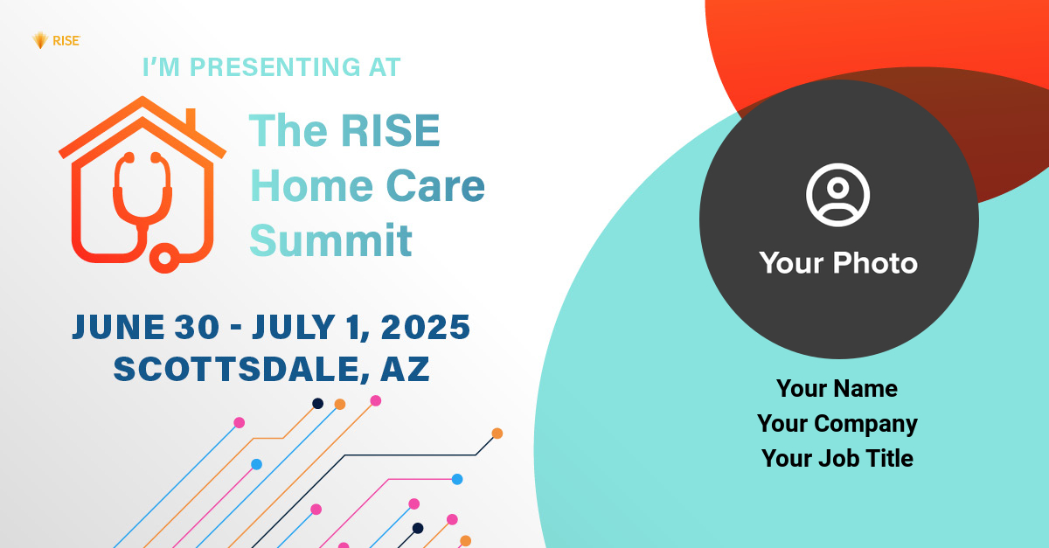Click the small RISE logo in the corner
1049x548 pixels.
point(56,41)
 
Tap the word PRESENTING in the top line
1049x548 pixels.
point(274,67)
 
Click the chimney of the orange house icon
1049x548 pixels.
point(191,120)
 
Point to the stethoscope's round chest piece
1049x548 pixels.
point(164,258)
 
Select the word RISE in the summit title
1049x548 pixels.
point(391,130)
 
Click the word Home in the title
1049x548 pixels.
point(312,185)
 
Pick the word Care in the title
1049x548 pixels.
point(435,185)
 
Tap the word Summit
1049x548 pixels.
point(330,240)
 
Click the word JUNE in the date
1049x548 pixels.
point(119,327)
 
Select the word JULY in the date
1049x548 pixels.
point(294,327)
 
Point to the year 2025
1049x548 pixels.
point(426,327)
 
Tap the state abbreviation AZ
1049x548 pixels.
point(405,369)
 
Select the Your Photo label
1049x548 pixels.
point(838,263)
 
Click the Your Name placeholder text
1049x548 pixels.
point(837,388)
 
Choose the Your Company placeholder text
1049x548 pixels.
point(837,424)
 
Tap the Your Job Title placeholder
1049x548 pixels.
point(837,458)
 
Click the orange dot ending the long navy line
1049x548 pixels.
point(497,434)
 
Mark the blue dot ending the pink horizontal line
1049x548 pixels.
point(457,479)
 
